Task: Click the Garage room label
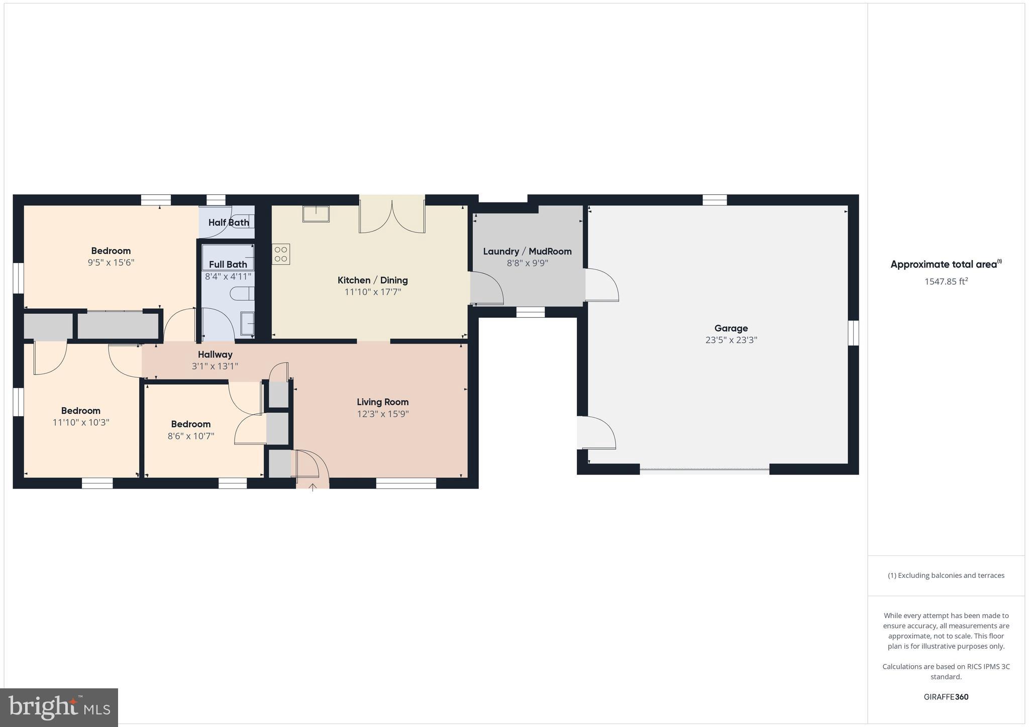[731, 328]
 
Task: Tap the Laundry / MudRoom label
[527, 252]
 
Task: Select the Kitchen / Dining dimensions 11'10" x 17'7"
[373, 292]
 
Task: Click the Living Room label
[382, 402]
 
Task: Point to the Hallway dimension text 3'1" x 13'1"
[215, 367]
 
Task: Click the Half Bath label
[229, 222]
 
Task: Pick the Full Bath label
[228, 265]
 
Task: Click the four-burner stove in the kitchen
[281, 254]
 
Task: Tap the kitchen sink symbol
[316, 214]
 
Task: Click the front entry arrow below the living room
[313, 487]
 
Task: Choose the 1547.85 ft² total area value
[946, 282]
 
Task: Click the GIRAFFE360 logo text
[946, 697]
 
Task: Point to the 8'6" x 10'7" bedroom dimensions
[191, 436]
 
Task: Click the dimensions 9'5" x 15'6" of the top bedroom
[111, 263]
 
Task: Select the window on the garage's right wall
[853, 333]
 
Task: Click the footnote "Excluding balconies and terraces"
[946, 575]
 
